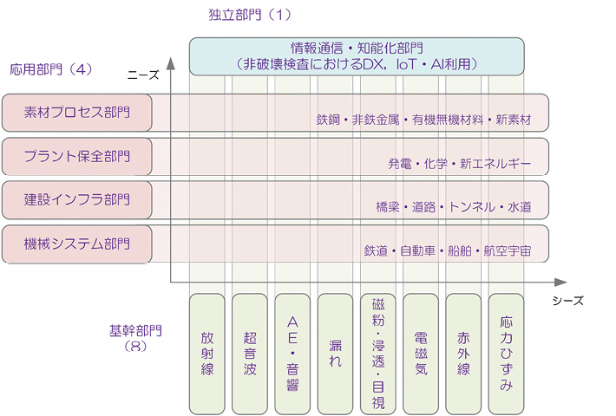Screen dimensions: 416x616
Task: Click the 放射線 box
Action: pyautogui.click(x=206, y=353)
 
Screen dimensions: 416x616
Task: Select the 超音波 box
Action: pyautogui.click(x=250, y=353)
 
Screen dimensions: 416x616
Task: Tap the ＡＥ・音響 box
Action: pyautogui.click(x=292, y=353)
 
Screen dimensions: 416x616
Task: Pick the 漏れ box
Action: pyautogui.click(x=335, y=353)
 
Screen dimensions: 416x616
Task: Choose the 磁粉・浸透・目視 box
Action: pyautogui.click(x=378, y=353)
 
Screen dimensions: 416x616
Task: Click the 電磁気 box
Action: pyautogui.click(x=421, y=353)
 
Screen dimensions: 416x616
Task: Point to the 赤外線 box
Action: pyautogui.click(x=463, y=353)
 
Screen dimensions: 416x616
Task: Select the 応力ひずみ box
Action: pyautogui.click(x=507, y=353)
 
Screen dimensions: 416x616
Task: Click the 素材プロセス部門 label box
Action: pyautogui.click(x=77, y=113)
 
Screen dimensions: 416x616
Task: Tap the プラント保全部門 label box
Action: pyautogui.click(x=77, y=157)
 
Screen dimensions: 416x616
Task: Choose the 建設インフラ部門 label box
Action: pyautogui.click(x=77, y=200)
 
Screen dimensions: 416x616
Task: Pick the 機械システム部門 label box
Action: pyautogui.click(x=77, y=244)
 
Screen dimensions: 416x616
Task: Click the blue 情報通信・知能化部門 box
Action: pyautogui.click(x=357, y=55)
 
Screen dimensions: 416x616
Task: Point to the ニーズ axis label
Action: pyautogui.click(x=142, y=75)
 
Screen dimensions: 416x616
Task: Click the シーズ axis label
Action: pyautogui.click(x=568, y=301)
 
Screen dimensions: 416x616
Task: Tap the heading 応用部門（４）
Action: pyautogui.click(x=51, y=68)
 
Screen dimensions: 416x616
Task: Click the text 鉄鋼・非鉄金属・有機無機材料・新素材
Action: pyautogui.click(x=423, y=120)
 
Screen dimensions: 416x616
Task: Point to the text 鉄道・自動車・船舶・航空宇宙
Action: pyautogui.click(x=448, y=250)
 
